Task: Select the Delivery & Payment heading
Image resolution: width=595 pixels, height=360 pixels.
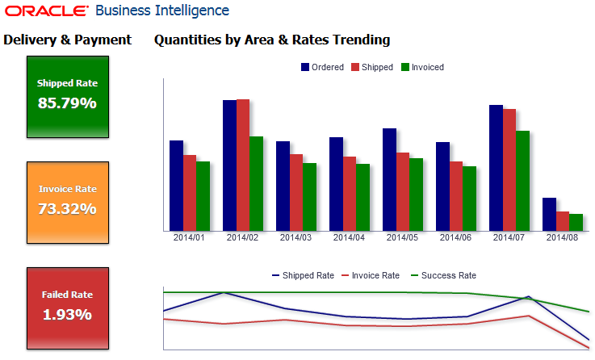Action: coord(67,40)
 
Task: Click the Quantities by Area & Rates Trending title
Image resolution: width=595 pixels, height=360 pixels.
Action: coord(272,40)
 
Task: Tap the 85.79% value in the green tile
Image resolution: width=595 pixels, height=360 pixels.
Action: coord(67,103)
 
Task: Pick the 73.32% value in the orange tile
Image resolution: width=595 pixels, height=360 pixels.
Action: coord(67,208)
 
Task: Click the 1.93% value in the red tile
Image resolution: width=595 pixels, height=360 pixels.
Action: coord(67,314)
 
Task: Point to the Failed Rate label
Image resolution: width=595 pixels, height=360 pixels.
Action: coord(67,295)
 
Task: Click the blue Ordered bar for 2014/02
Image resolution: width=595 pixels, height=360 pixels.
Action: coord(230,165)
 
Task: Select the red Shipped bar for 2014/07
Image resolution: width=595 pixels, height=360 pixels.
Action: coord(509,170)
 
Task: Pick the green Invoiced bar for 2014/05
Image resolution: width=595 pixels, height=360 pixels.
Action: coord(416,195)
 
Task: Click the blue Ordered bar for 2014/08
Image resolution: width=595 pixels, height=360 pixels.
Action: coord(549,214)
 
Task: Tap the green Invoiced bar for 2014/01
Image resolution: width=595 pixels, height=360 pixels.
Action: coord(203,196)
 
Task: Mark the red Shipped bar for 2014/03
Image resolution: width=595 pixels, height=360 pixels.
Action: coord(296,192)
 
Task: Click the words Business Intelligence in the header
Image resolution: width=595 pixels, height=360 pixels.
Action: coord(161,11)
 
